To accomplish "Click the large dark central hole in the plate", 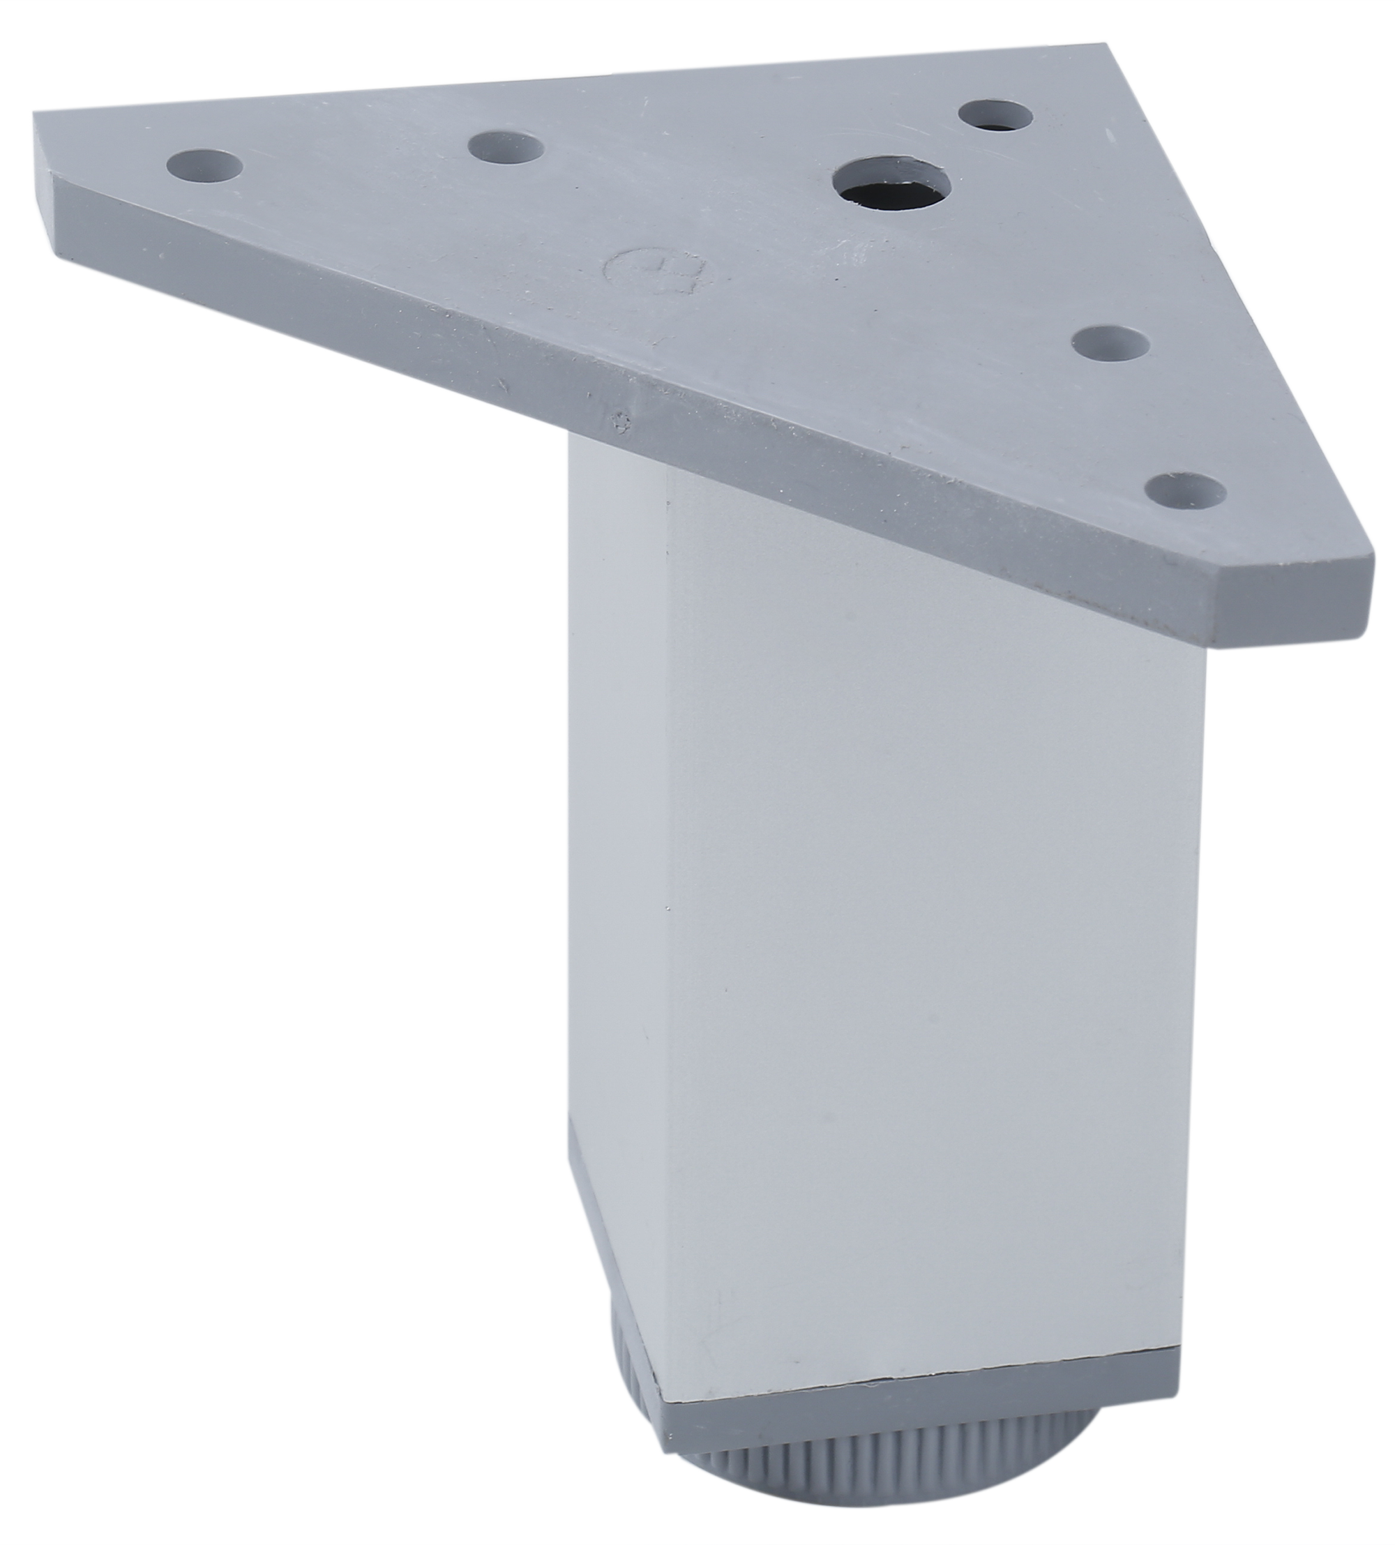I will click(x=891, y=186).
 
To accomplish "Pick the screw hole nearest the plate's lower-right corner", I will click(x=1187, y=491).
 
